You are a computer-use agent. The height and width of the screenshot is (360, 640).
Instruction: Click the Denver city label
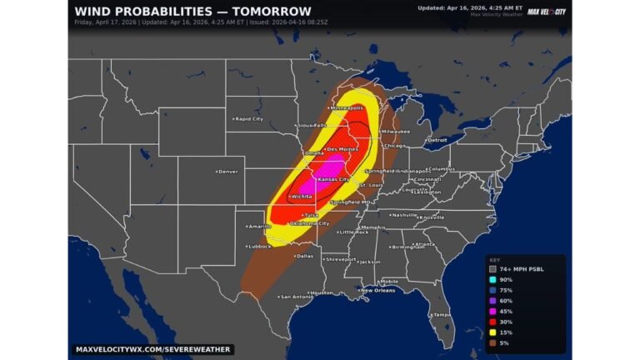point(227,172)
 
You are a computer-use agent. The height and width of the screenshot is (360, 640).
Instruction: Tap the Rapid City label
point(247,119)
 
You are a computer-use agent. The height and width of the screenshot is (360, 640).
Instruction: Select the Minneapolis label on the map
point(347,108)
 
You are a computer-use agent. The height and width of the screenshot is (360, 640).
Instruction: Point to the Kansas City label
point(333,179)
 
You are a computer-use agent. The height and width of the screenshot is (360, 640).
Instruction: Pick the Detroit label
point(436,140)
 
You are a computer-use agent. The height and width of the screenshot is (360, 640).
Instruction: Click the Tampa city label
point(441,315)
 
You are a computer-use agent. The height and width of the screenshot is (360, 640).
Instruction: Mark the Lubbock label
point(260,247)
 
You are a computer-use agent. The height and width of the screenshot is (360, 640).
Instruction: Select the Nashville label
point(405,215)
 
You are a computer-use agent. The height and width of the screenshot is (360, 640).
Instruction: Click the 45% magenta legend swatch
point(493,311)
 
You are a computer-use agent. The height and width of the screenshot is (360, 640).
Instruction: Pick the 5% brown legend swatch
point(493,342)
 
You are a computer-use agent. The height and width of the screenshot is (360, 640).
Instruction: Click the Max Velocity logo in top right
point(547,11)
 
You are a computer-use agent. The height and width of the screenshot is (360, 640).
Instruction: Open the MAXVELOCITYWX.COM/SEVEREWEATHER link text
point(152,349)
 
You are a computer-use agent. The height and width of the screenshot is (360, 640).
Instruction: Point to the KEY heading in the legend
point(494,259)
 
